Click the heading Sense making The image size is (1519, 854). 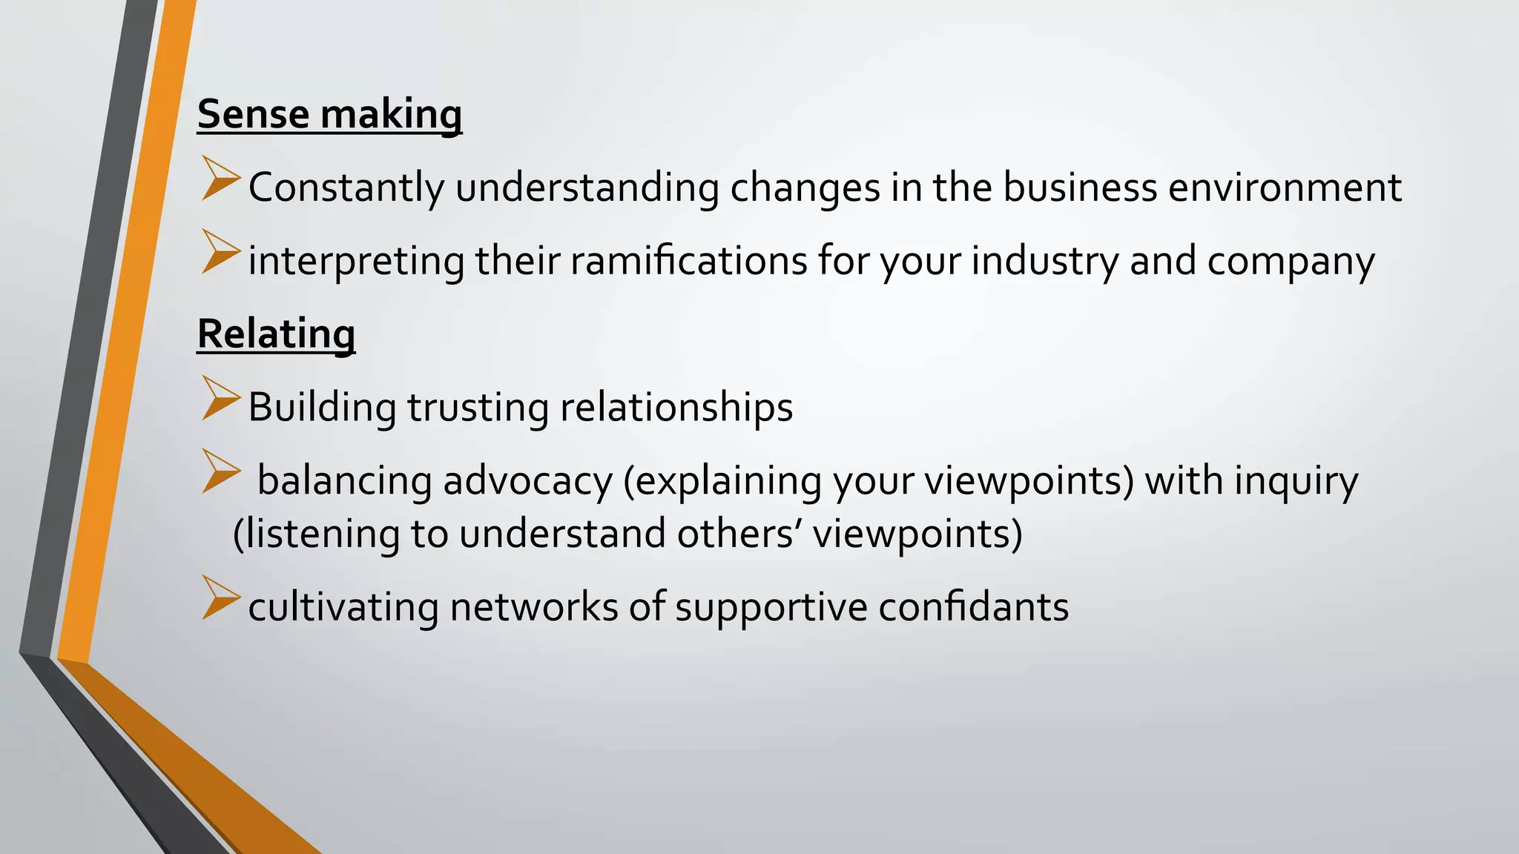(x=329, y=115)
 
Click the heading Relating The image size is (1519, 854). (x=276, y=334)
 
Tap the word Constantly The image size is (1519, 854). (x=346, y=187)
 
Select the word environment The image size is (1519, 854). (x=1285, y=187)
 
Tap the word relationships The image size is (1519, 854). (x=676, y=408)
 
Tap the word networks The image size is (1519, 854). (x=534, y=607)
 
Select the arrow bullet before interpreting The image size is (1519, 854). (x=220, y=252)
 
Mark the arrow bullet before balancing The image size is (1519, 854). (x=220, y=471)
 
